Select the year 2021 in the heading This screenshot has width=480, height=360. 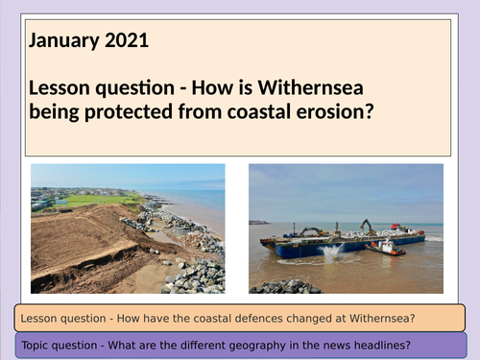128,41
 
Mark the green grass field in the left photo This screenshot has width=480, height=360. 96,200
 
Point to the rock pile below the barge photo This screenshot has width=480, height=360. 289,285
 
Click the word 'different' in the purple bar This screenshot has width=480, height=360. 207,346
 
